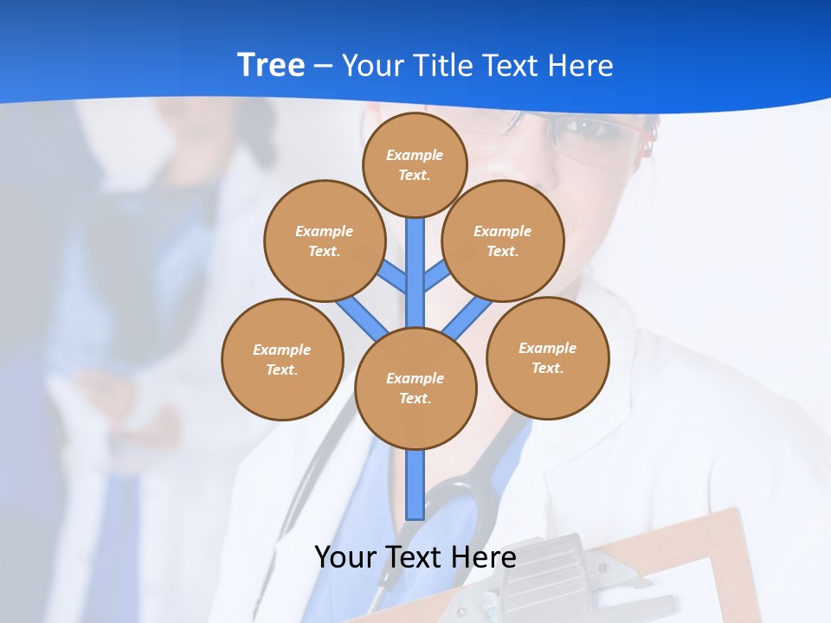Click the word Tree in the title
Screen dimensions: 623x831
click(271, 66)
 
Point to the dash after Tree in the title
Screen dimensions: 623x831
click(323, 67)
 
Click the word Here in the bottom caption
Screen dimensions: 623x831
click(482, 557)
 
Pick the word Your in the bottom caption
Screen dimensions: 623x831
click(346, 557)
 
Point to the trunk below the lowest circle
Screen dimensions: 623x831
click(415, 485)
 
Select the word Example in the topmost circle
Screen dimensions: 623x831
click(415, 156)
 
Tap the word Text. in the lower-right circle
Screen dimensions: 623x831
click(548, 369)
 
